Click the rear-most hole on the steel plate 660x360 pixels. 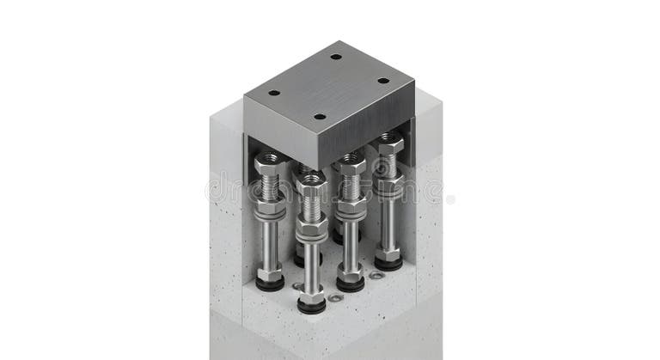pos(335,58)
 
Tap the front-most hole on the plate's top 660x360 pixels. pos(320,116)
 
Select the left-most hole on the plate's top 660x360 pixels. pos(273,93)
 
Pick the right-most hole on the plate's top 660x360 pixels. pos(383,81)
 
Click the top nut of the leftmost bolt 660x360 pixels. pos(270,162)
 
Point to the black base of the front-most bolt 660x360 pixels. pos(311,303)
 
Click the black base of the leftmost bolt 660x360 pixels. pos(270,280)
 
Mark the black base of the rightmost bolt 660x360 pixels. pos(388,260)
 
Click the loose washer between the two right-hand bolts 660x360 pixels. pos(376,276)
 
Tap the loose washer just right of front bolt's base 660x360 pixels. pos(336,298)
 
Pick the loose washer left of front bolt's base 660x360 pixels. pos(297,286)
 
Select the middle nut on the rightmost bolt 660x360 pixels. pos(389,186)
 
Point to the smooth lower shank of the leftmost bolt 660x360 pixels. pos(270,245)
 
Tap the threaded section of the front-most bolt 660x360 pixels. pos(311,204)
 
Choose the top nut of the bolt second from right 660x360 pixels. pos(351,163)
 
